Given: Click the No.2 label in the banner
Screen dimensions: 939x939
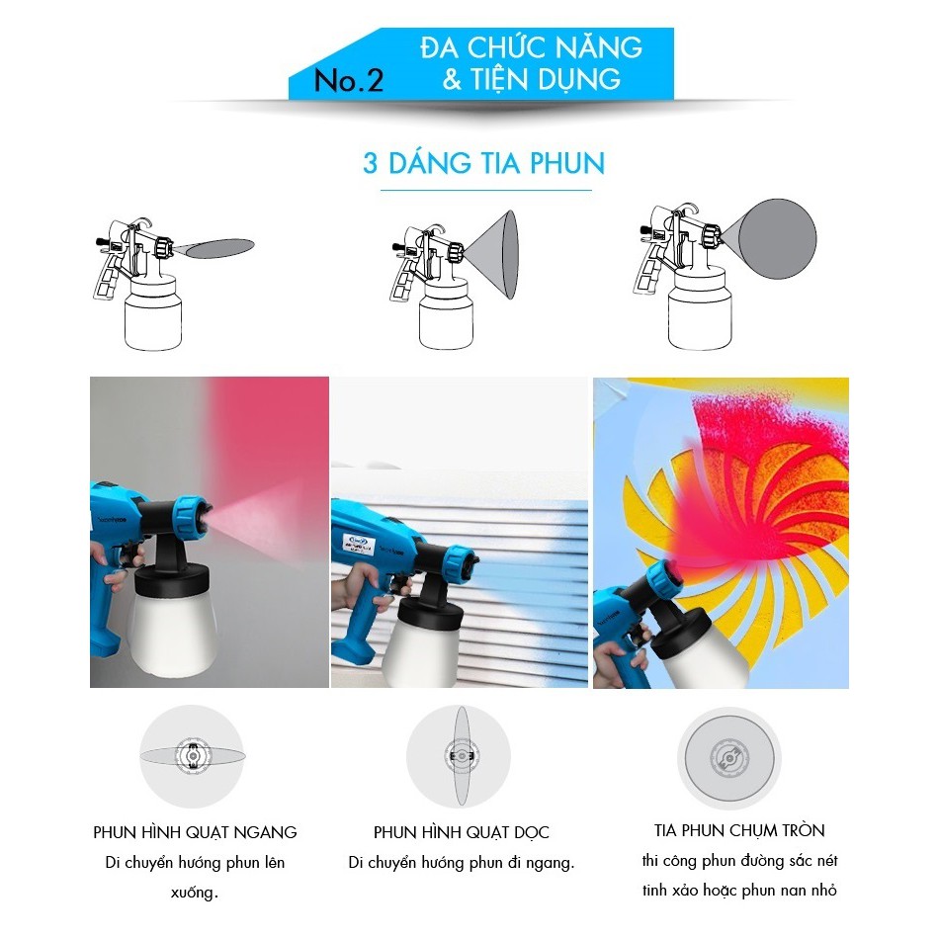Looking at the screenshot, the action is click(349, 80).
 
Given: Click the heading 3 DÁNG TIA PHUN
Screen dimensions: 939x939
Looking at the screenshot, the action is click(484, 163).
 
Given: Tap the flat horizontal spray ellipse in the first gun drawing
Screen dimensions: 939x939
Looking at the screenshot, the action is click(219, 248).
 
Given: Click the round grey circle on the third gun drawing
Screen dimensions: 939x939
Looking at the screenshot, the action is click(777, 239).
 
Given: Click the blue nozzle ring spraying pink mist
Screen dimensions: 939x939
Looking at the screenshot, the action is click(193, 515).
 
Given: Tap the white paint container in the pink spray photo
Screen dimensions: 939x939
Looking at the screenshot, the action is click(173, 635).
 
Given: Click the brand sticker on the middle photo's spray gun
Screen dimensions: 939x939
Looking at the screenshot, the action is click(359, 545).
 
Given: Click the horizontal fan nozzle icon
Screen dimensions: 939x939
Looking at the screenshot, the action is click(192, 756).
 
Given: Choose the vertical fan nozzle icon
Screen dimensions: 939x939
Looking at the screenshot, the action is click(459, 756).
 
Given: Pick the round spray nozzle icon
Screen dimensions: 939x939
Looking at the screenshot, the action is click(729, 758).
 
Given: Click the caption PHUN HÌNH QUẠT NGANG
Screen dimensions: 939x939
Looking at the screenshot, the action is click(196, 832).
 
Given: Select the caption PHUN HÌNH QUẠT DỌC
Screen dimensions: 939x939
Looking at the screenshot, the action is click(462, 832).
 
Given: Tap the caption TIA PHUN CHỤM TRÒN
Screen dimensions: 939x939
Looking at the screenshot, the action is click(739, 830).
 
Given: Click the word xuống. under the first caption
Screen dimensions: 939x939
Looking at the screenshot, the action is click(194, 893).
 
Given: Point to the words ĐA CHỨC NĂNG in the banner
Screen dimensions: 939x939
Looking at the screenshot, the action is click(531, 47).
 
